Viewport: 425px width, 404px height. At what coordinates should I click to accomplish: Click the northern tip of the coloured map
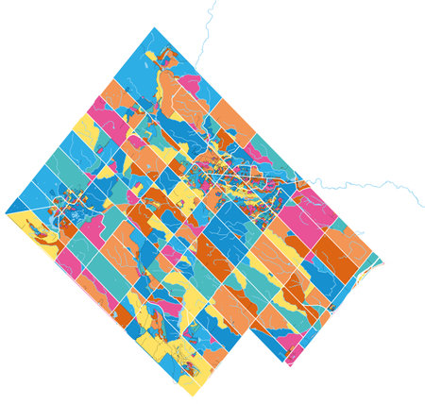pyautogui.click(x=152, y=27)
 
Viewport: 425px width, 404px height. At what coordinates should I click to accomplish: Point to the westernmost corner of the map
pyautogui.click(x=6, y=210)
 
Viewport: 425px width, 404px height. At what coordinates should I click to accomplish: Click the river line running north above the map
pyautogui.click(x=205, y=33)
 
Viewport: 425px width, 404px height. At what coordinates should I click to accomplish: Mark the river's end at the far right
pyautogui.click(x=423, y=205)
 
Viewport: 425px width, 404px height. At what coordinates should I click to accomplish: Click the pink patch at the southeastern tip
pyautogui.click(x=294, y=357)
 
